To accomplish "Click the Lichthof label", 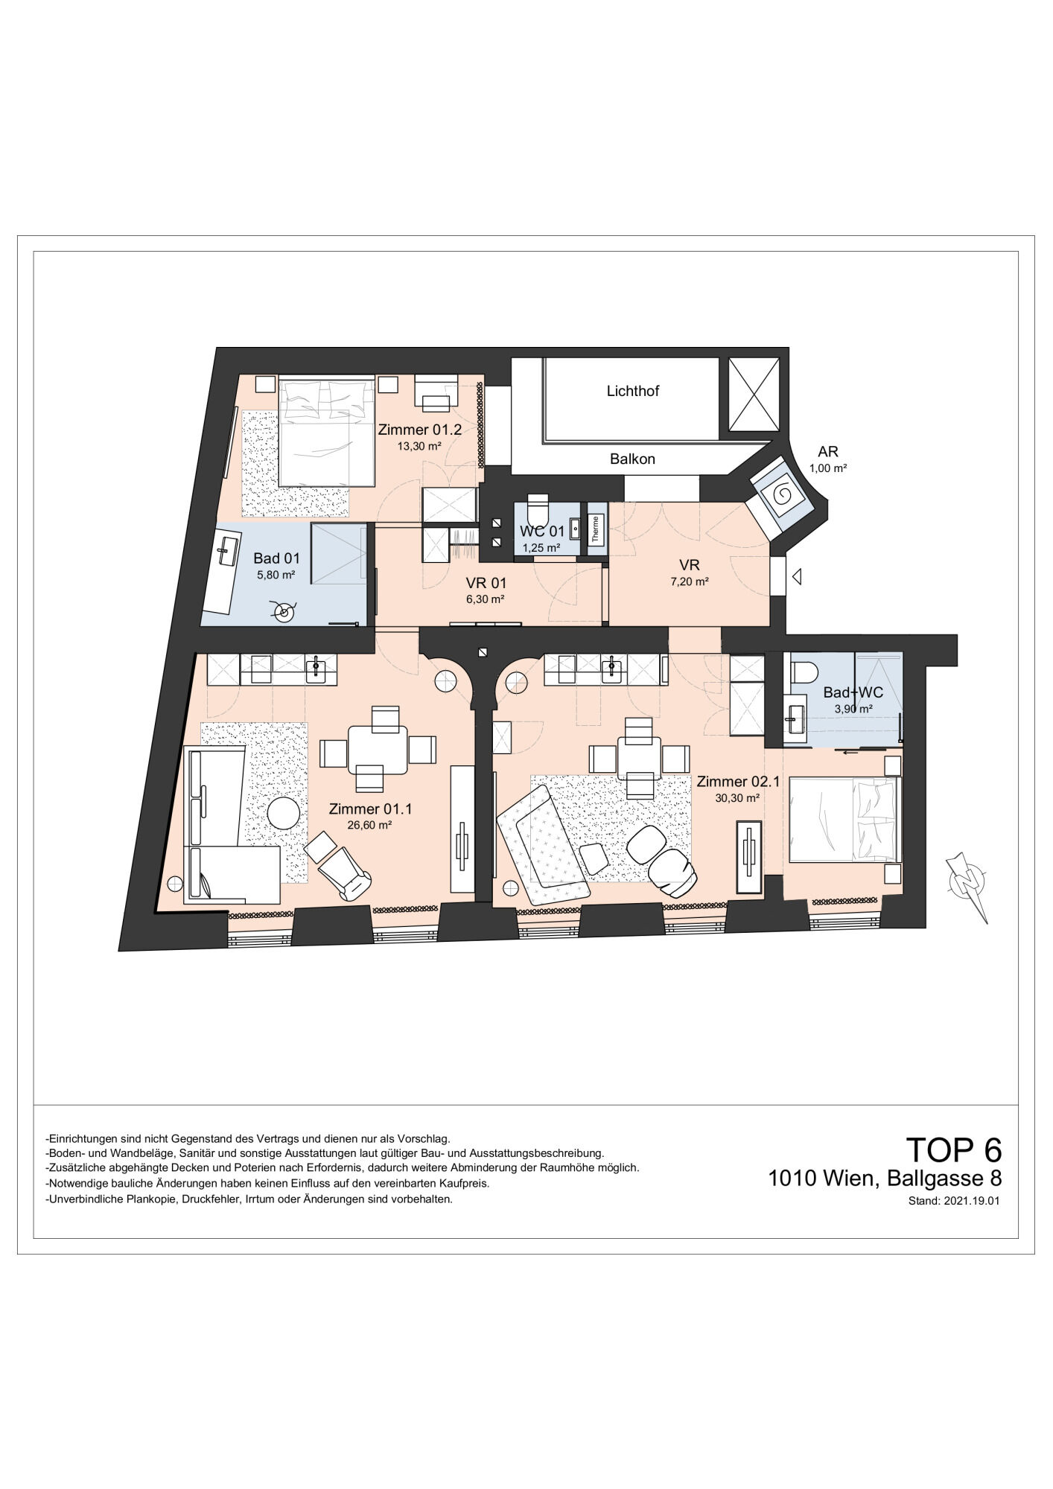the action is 632,391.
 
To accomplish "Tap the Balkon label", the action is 632,459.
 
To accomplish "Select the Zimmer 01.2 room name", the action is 420,430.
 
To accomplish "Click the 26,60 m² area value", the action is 369,825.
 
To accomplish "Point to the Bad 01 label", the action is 276,558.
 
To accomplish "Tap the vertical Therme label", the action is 595,529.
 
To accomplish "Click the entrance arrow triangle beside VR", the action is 797,576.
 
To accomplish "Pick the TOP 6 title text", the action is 953,1150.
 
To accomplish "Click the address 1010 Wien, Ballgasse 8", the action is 885,1179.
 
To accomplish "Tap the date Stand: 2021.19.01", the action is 953,1201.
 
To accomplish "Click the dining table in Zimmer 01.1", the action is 378,750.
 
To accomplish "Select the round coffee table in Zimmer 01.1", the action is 284,813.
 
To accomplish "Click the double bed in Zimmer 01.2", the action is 326,430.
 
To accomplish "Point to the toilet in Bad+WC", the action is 803,672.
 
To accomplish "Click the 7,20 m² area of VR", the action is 690,581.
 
